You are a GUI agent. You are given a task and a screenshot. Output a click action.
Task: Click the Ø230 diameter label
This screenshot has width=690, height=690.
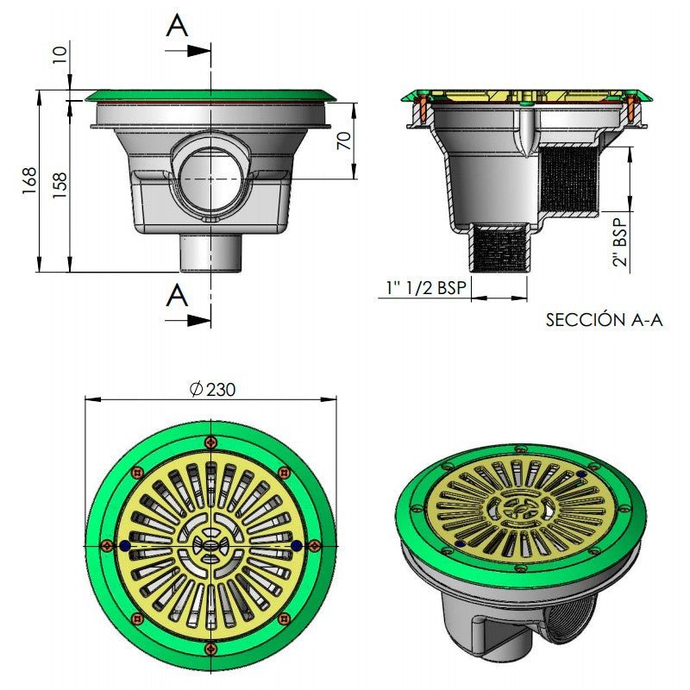pyautogui.click(x=212, y=389)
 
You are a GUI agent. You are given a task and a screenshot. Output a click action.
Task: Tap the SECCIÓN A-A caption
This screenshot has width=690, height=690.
pyautogui.click(x=604, y=320)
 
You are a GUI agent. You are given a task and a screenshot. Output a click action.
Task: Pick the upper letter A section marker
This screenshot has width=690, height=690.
pyautogui.click(x=178, y=26)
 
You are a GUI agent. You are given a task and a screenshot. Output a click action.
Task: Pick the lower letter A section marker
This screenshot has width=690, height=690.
pyautogui.click(x=178, y=295)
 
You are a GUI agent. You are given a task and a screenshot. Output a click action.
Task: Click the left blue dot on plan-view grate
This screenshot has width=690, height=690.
pyautogui.click(x=126, y=546)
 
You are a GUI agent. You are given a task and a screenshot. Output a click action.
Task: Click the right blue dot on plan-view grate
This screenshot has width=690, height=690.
pyautogui.click(x=297, y=546)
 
